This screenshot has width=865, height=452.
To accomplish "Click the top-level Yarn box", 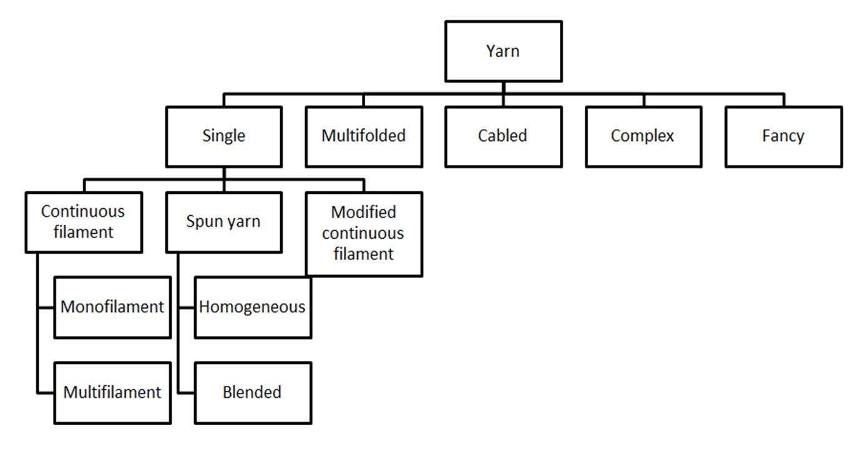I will (503, 51).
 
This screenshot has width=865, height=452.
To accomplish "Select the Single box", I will (223, 136).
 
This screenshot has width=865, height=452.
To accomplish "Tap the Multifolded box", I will (363, 136).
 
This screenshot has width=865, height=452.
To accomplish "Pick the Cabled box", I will (503, 136).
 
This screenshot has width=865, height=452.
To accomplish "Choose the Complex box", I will (643, 136).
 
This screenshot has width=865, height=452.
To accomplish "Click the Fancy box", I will (783, 136).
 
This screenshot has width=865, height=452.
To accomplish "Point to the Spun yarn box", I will (223, 221).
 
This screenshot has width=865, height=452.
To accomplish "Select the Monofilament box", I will (112, 307).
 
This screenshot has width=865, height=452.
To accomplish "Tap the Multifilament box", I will (112, 392).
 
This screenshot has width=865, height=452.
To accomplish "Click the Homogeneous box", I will (252, 307).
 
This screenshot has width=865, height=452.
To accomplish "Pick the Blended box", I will (252, 392).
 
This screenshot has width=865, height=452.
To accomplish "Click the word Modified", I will (363, 212).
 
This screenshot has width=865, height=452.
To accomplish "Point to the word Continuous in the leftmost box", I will (83, 211).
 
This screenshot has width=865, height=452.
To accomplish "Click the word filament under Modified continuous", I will (363, 254).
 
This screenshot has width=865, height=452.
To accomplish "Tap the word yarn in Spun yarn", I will (243, 221).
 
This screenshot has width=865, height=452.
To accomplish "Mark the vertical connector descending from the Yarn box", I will (503, 88).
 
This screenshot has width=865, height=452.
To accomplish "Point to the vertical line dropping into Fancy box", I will (783, 100).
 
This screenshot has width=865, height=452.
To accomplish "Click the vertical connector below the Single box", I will (223, 173).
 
